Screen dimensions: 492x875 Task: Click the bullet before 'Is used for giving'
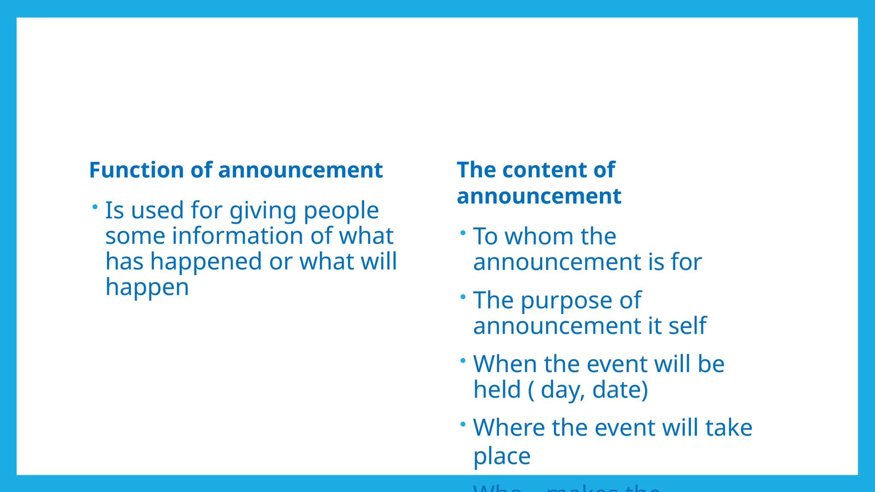95,207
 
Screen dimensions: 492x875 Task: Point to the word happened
206,262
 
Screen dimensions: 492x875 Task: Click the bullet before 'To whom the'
463,233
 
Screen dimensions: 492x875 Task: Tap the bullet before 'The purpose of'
463,297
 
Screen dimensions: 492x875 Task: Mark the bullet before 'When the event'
463,361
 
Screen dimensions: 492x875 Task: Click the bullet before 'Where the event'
463,425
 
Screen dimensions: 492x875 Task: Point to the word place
502,457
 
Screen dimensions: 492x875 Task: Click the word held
497,390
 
